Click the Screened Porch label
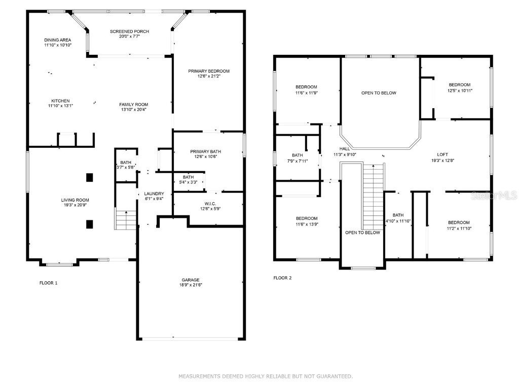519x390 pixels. [130, 31]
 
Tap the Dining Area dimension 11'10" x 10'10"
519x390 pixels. [57, 45]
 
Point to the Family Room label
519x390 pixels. [134, 105]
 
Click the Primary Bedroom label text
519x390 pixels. [209, 71]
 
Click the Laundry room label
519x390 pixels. [154, 193]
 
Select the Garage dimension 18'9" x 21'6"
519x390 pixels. [191, 285]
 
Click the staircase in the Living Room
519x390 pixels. [126, 220]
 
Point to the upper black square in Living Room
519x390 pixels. [90, 177]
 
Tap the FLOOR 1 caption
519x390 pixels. [49, 283]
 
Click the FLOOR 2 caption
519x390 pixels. [282, 278]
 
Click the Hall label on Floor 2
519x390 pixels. [345, 149]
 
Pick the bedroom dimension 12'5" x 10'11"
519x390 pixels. [459, 91]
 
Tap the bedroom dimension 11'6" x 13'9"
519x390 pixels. [307, 224]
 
